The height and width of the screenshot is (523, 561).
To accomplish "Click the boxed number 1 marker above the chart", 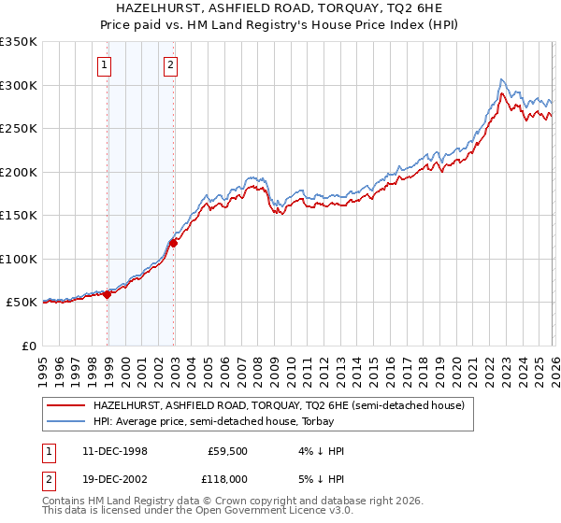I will click(103, 65).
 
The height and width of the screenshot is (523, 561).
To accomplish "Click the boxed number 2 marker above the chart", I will click(171, 65).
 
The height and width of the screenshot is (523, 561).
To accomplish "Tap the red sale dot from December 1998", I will click(108, 294).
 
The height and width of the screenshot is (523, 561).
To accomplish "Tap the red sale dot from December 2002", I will click(174, 244).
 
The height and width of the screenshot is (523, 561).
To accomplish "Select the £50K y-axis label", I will click(22, 303).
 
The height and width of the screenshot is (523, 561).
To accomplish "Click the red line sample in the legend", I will click(66, 405).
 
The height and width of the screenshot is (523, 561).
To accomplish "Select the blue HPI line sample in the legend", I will click(66, 422).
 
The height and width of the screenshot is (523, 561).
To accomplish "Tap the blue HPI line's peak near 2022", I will click(502, 79).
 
